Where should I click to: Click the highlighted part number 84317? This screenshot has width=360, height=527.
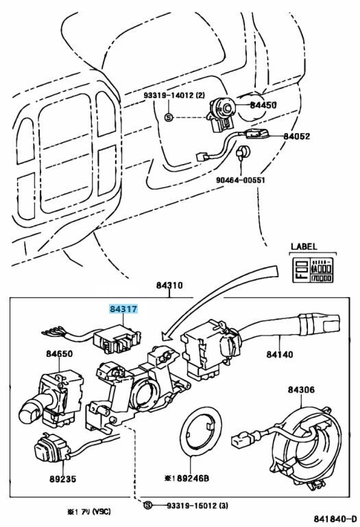(x=124, y=309)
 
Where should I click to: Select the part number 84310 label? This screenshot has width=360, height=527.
(x=169, y=285)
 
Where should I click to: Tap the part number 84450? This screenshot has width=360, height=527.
(x=263, y=105)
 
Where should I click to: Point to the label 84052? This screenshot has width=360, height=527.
(x=296, y=137)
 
